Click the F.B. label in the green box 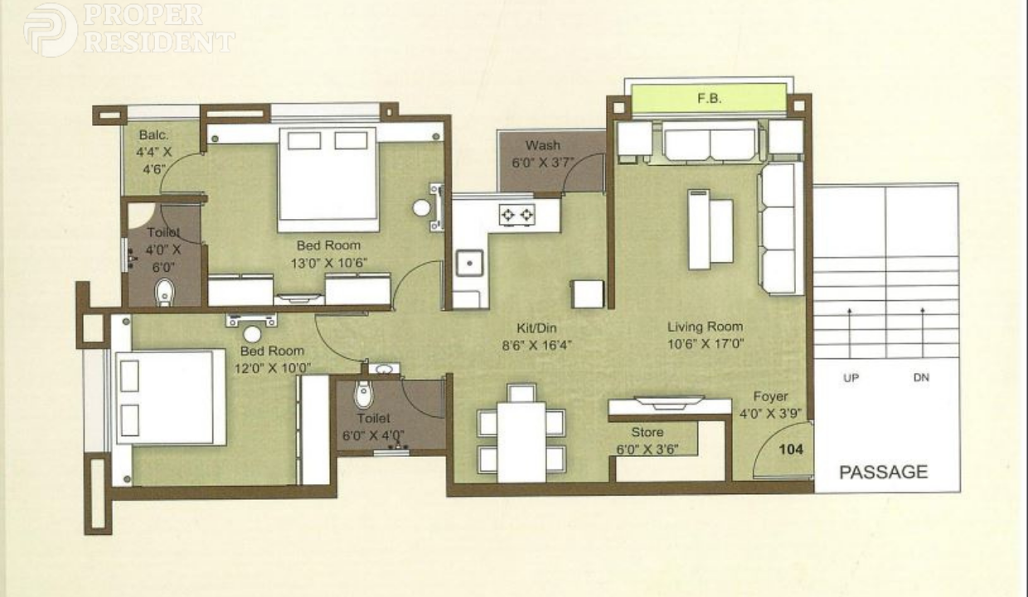point(710,98)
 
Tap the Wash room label point(543,145)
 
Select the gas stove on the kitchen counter point(517,214)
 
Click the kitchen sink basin point(469,263)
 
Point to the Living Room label point(705,327)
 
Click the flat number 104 point(791,449)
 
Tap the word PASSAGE point(884,472)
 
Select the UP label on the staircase point(851,378)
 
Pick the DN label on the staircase point(921,377)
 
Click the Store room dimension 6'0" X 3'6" point(647,449)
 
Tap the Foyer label point(770,396)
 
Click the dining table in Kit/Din point(521,442)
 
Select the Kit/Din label point(536,328)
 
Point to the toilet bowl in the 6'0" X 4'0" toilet point(364,394)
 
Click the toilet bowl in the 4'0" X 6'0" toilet point(164,292)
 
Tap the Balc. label point(153,135)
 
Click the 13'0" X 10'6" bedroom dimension point(328,264)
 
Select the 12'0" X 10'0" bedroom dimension point(273,368)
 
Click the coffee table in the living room point(710,230)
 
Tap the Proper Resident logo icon point(51,31)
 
